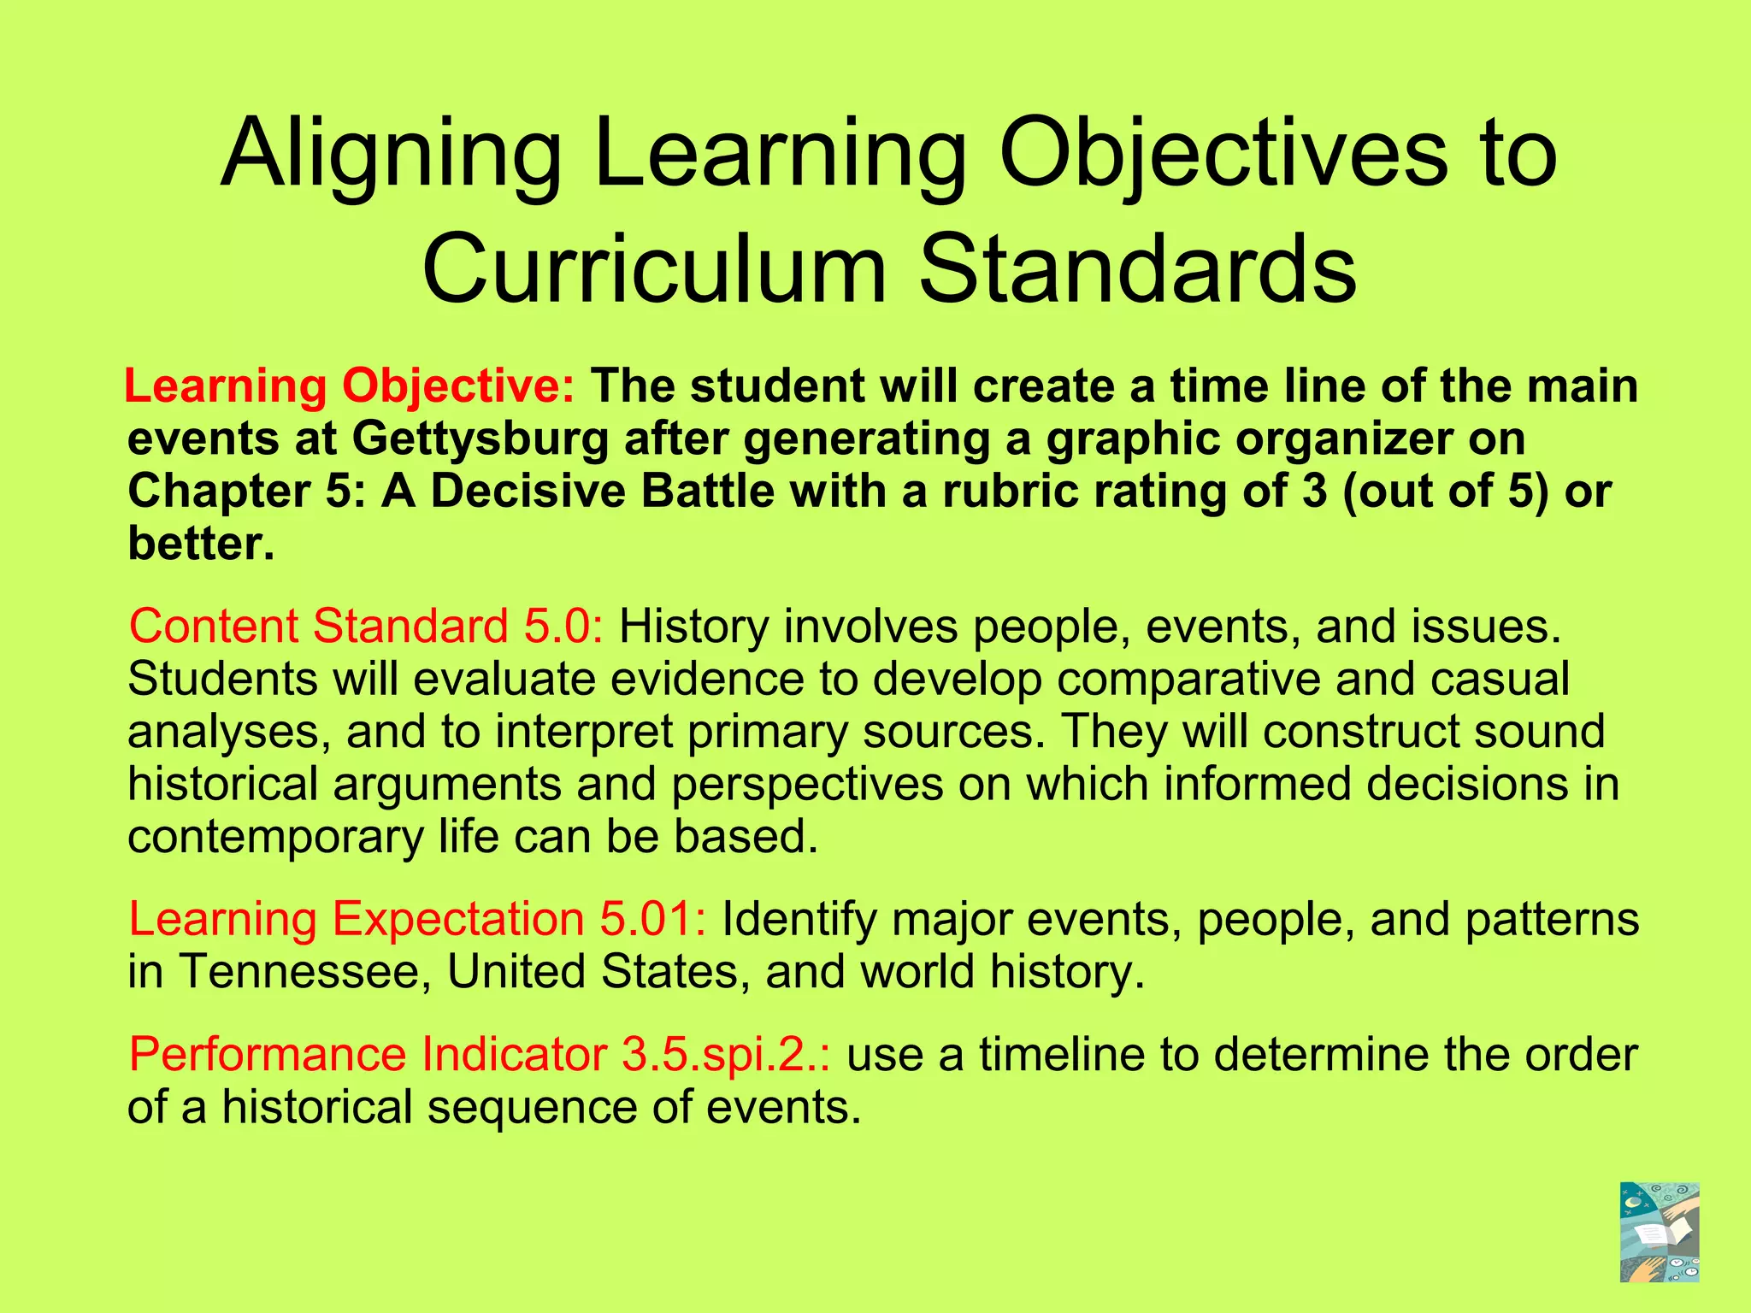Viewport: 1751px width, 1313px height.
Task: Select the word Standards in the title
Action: tap(1137, 268)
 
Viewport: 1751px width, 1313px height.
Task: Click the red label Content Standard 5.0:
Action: tap(367, 626)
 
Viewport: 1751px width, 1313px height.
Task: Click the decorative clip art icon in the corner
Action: tap(1659, 1232)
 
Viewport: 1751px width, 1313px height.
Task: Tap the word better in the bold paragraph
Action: tap(202, 544)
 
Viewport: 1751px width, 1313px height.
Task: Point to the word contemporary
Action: tap(275, 836)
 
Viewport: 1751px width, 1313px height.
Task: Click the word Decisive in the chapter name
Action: tap(528, 492)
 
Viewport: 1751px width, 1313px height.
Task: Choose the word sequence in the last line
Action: tap(532, 1107)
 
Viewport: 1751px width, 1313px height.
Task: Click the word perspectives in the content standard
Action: tap(807, 784)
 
